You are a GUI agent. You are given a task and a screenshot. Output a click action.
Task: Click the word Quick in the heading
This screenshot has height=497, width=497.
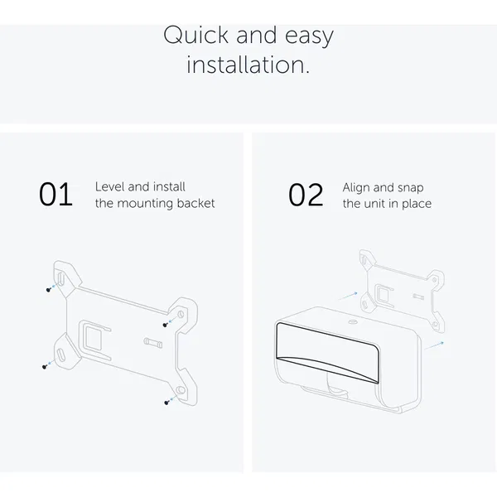195,36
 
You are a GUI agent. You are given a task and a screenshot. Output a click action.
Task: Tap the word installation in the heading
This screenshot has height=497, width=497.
248,65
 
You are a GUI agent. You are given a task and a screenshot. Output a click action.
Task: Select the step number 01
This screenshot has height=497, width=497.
55,195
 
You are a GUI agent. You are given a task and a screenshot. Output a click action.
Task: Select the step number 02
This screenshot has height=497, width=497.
306,195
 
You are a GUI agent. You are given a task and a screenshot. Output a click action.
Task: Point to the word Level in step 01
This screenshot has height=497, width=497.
109,186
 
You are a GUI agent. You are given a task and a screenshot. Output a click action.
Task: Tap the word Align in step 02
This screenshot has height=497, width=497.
356,188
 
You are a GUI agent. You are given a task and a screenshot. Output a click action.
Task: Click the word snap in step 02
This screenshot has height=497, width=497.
410,188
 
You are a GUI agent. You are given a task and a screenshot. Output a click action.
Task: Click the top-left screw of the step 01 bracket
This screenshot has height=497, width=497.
49,290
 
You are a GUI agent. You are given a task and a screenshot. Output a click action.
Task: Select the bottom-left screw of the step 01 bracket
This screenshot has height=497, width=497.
45,367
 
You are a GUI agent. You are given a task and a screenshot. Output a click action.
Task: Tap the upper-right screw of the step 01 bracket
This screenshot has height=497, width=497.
165,325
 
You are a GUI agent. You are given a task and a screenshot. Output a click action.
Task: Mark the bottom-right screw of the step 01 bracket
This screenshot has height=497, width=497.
166,403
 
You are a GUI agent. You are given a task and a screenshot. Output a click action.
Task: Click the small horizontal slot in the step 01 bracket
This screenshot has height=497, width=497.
153,343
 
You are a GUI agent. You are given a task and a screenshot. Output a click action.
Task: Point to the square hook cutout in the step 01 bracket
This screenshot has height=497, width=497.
93,339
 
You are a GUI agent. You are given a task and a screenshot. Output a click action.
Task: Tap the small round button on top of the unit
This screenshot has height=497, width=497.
353,322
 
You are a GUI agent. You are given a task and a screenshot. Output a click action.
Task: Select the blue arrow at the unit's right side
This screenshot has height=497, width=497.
434,345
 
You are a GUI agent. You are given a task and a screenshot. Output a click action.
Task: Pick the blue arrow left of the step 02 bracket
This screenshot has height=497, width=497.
348,296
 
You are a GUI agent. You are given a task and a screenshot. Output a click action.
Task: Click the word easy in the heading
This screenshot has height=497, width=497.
309,36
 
